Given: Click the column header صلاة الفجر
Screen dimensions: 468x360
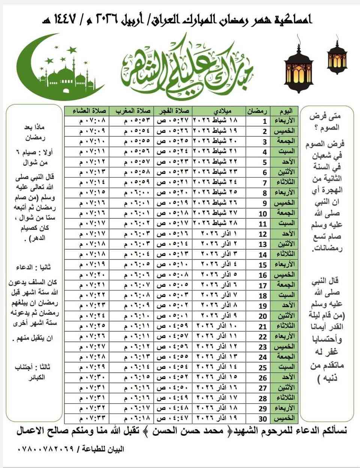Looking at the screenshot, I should [x=173, y=111].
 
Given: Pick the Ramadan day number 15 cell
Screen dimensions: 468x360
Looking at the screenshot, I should [x=263, y=265].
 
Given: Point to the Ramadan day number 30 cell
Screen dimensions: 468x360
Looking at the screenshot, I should [x=263, y=418].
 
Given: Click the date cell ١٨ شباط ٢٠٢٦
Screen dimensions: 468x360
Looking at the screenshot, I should [x=220, y=121].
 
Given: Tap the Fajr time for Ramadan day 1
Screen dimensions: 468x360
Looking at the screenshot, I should [x=173, y=121].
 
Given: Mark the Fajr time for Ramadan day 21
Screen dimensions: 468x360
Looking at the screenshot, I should [x=173, y=326].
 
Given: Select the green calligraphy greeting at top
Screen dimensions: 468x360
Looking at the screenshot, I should [x=187, y=68].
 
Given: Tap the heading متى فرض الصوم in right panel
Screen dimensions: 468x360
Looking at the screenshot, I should [x=325, y=121].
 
